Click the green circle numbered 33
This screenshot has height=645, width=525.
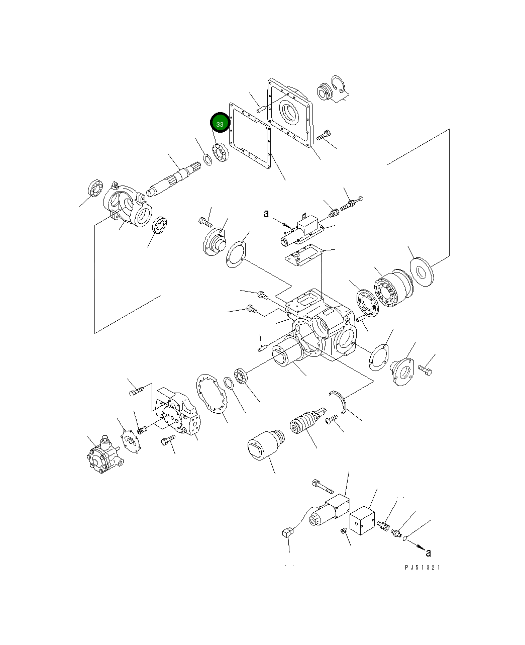tap(220, 123)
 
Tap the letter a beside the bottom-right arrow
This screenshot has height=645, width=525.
tap(428, 553)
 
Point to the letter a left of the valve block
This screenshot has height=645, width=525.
tap(266, 214)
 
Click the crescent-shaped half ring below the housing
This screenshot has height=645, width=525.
tap(340, 402)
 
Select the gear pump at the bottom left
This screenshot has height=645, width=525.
tap(104, 455)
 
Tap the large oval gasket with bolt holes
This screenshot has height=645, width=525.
tap(211, 396)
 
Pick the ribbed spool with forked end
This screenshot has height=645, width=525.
tap(304, 422)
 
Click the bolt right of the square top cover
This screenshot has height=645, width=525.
tap(324, 135)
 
